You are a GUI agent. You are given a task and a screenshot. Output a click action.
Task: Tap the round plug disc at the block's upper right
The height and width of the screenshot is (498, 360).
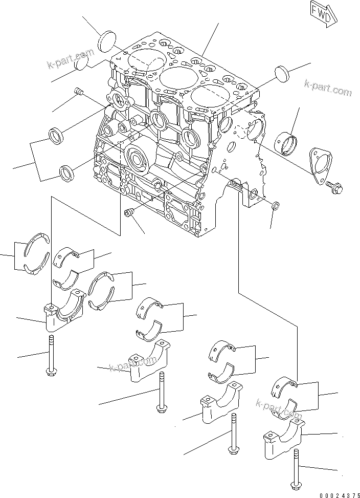tap(282, 73)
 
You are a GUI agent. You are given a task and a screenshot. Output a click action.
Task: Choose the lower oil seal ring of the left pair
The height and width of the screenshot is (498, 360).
tap(67, 172)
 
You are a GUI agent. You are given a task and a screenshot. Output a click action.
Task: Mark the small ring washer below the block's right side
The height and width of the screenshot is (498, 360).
tap(275, 206)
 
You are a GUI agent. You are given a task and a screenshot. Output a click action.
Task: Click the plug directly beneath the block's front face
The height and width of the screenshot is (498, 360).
tap(129, 212)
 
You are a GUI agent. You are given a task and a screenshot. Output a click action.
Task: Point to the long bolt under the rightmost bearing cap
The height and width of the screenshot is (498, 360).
tap(297, 468)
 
